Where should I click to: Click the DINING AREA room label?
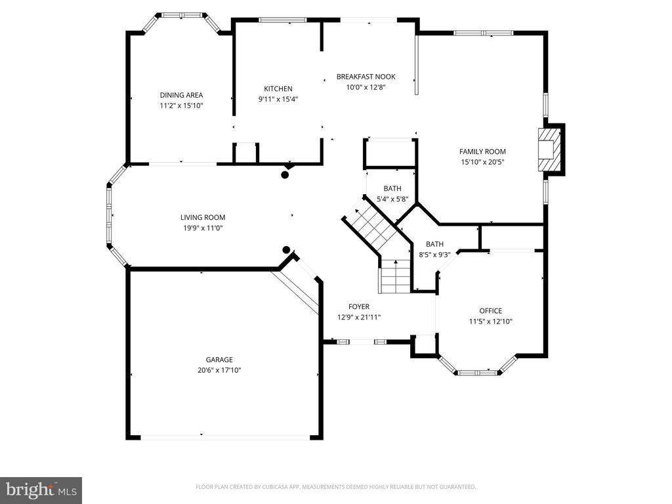pos(181,95)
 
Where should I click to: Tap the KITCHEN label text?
pos(278,89)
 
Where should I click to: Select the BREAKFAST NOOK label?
pos(366,77)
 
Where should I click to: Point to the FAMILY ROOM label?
pos(482,152)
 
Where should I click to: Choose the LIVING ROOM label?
pos(203,217)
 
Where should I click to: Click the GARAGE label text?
pos(219,360)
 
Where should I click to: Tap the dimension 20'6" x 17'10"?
pos(219,370)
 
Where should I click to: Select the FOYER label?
pos(359,306)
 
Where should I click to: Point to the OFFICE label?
pos(491,310)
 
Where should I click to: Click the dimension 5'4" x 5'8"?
pos(392,199)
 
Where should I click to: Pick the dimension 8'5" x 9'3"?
pos(434,255)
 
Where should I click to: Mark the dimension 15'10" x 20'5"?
pos(482,162)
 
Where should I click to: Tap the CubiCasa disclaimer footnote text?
pos(335,487)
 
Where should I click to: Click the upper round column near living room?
pos(285,175)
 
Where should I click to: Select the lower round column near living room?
pos(286,250)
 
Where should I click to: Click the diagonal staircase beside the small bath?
pos(371,226)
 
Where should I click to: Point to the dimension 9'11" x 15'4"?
pos(278,100)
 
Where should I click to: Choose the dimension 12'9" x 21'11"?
pos(359,317)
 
